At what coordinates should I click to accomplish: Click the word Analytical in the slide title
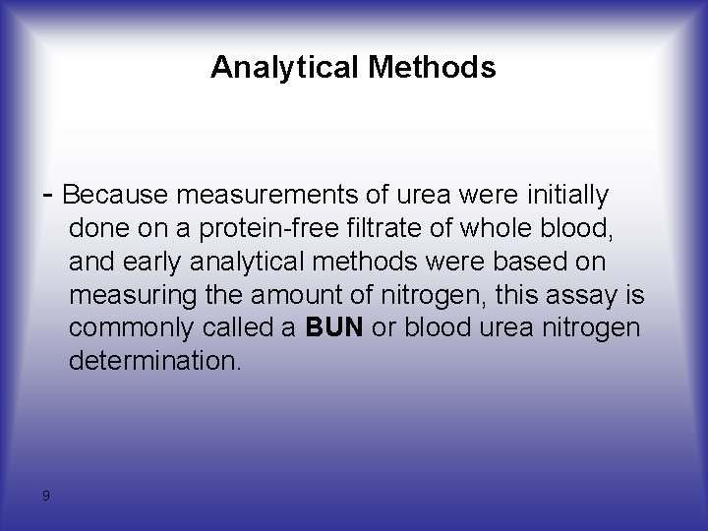[284, 68]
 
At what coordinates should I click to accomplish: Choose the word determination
[153, 361]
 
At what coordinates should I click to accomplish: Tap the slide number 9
[46, 496]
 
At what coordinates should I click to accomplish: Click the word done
[95, 229]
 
